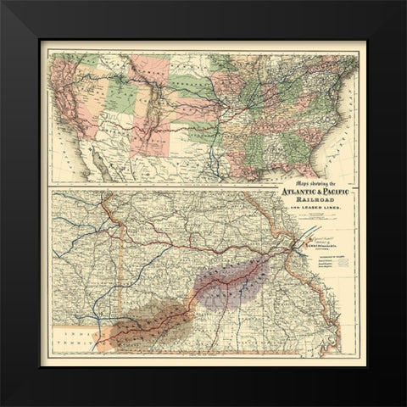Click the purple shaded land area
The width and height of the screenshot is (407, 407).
coord(229,280)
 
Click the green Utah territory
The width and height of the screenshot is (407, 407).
coord(114,98)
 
